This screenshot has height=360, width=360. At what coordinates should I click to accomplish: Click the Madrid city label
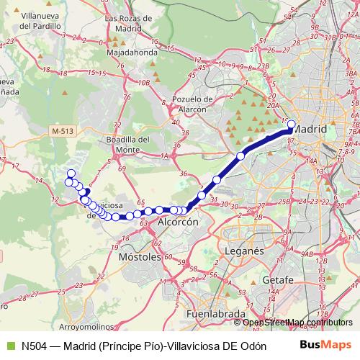311,129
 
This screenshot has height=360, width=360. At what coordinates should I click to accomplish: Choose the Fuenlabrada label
215,315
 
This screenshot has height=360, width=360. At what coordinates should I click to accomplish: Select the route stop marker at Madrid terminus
292,124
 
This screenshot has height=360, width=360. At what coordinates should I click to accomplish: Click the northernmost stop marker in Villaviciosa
71,173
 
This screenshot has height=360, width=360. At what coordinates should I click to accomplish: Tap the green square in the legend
9,345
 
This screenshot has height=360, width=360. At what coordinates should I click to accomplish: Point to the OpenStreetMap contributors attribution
297,322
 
